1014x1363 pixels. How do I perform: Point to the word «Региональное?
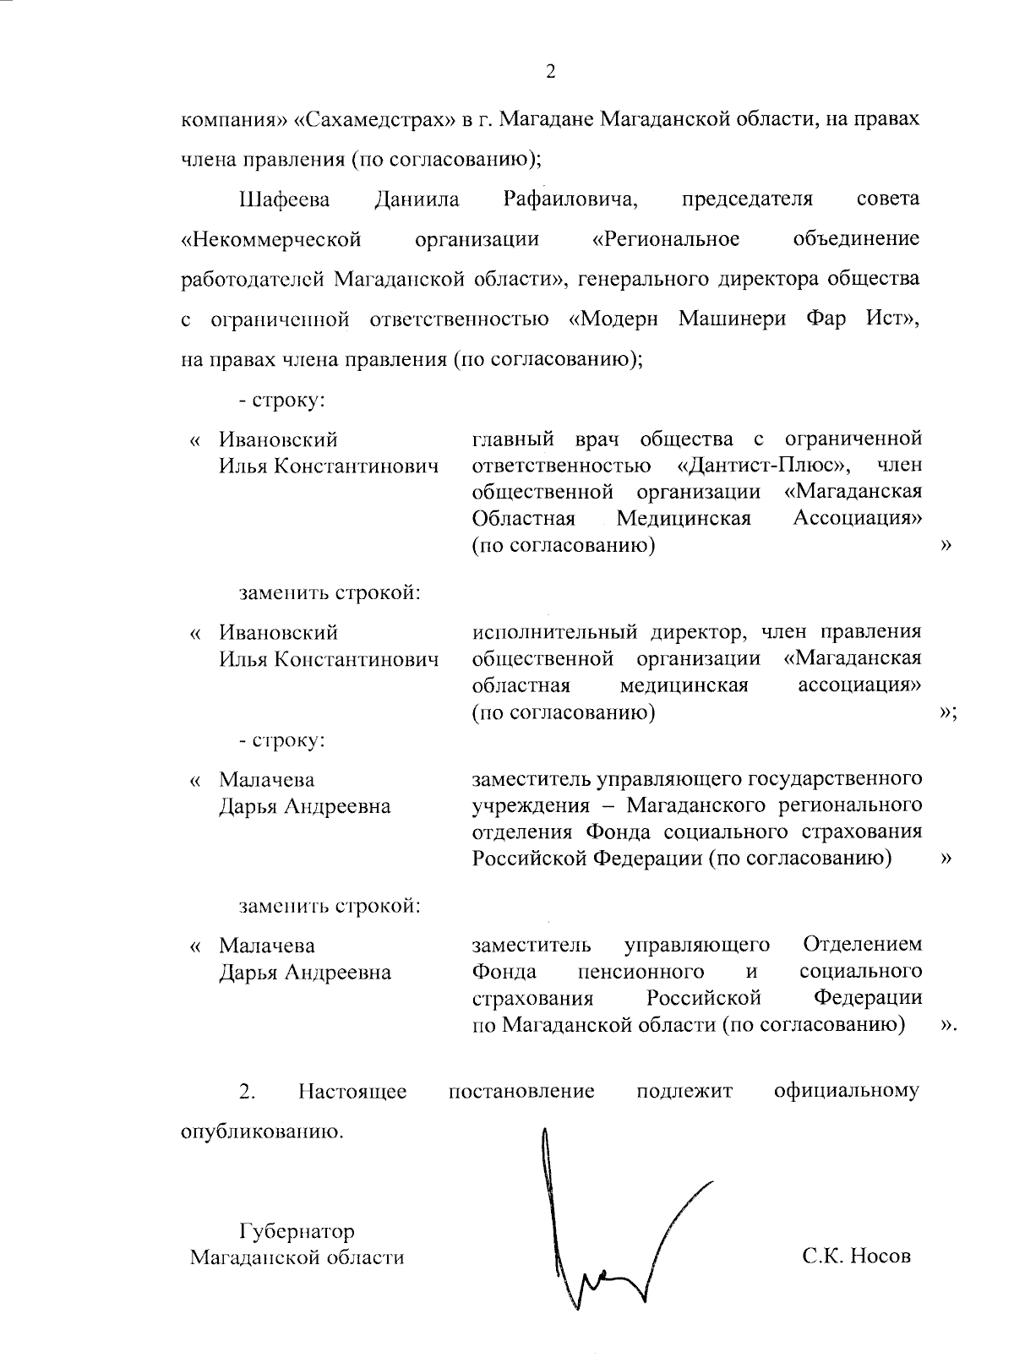tap(666, 239)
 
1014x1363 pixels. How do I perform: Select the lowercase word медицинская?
tap(684, 684)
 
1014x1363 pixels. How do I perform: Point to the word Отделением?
tap(862, 944)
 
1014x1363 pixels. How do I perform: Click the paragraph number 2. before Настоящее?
tap(247, 1091)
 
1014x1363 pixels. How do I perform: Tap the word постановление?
tap(521, 1091)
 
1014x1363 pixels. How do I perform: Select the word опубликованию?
tap(264, 1131)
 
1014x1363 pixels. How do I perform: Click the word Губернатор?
tap(297, 1230)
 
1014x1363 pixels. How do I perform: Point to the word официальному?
tap(847, 1091)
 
